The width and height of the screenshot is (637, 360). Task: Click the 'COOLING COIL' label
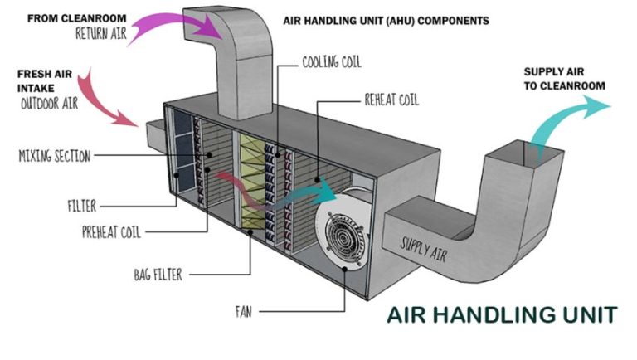pyautogui.click(x=332, y=62)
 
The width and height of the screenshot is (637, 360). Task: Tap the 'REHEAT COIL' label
pyautogui.click(x=391, y=100)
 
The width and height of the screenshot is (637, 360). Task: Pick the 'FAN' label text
pyautogui.click(x=243, y=313)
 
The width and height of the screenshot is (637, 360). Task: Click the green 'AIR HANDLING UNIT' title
pyautogui.click(x=503, y=315)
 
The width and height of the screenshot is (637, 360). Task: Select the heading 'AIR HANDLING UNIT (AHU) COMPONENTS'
pyautogui.click(x=386, y=19)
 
